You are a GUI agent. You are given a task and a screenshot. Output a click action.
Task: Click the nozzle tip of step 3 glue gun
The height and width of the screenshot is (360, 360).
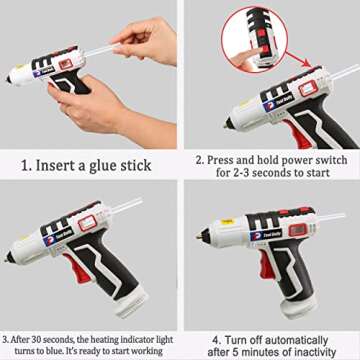(8, 258)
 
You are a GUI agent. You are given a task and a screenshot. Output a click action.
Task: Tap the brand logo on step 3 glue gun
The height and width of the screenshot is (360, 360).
(48, 238)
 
